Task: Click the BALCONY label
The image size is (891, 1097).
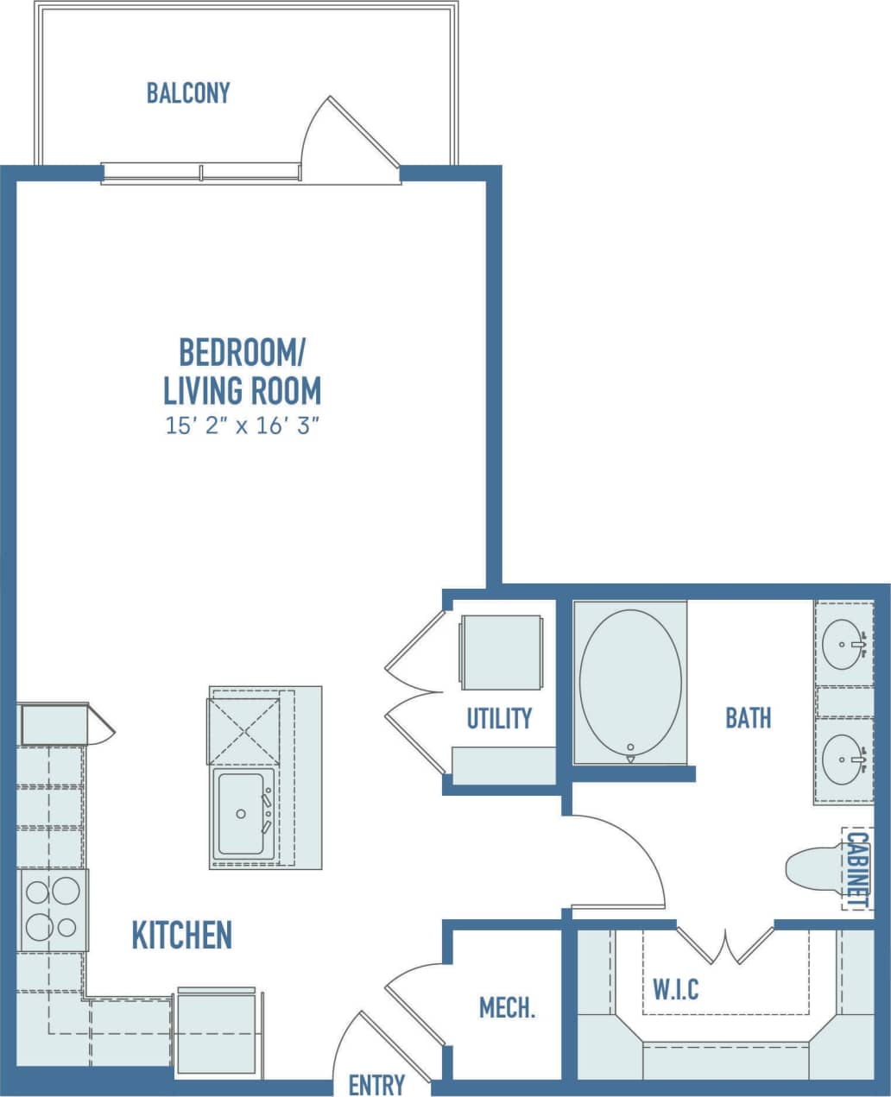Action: pyautogui.click(x=188, y=92)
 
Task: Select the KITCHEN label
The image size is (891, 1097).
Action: pyautogui.click(x=181, y=935)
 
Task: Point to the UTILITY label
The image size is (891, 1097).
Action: pyautogui.click(x=499, y=718)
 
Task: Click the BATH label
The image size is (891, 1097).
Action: pyautogui.click(x=748, y=717)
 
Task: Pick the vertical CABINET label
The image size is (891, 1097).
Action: pyautogui.click(x=856, y=868)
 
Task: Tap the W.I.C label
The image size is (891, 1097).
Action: pyautogui.click(x=675, y=989)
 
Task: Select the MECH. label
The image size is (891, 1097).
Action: pyautogui.click(x=507, y=1007)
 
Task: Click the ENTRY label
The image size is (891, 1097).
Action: pyautogui.click(x=376, y=1084)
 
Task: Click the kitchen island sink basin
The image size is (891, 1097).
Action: pyautogui.click(x=241, y=813)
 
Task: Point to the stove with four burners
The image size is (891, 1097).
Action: pyautogui.click(x=51, y=909)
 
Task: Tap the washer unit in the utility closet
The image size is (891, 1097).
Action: pyautogui.click(x=501, y=652)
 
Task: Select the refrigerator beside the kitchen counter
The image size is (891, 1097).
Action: pyautogui.click(x=217, y=1031)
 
